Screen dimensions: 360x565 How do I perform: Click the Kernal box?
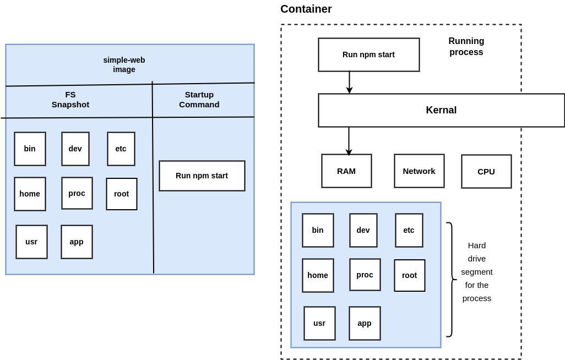point(441,110)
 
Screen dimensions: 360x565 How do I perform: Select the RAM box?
point(346,171)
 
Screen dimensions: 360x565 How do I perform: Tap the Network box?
point(419,171)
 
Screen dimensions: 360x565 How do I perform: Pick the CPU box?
point(486,171)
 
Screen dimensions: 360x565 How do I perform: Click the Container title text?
point(306,9)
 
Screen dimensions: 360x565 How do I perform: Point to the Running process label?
point(466,47)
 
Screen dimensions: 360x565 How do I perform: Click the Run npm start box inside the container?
point(368,54)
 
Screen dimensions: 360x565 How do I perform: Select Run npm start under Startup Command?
point(202,176)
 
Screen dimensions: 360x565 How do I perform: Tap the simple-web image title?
point(124,64)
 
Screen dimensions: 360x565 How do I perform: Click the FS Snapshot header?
point(70,99)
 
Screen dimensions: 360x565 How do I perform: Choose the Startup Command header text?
point(199,99)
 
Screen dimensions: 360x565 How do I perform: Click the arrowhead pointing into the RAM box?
point(349,152)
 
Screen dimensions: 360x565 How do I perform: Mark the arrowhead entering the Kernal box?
point(349,90)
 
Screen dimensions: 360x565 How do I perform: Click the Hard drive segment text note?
point(477,272)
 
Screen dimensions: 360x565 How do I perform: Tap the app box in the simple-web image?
point(77,242)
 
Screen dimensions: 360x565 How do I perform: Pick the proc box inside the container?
point(365,275)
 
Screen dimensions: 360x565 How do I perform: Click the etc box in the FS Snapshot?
point(121,149)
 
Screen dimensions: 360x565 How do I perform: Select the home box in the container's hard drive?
point(318,275)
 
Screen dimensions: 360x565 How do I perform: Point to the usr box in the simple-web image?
point(31,242)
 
